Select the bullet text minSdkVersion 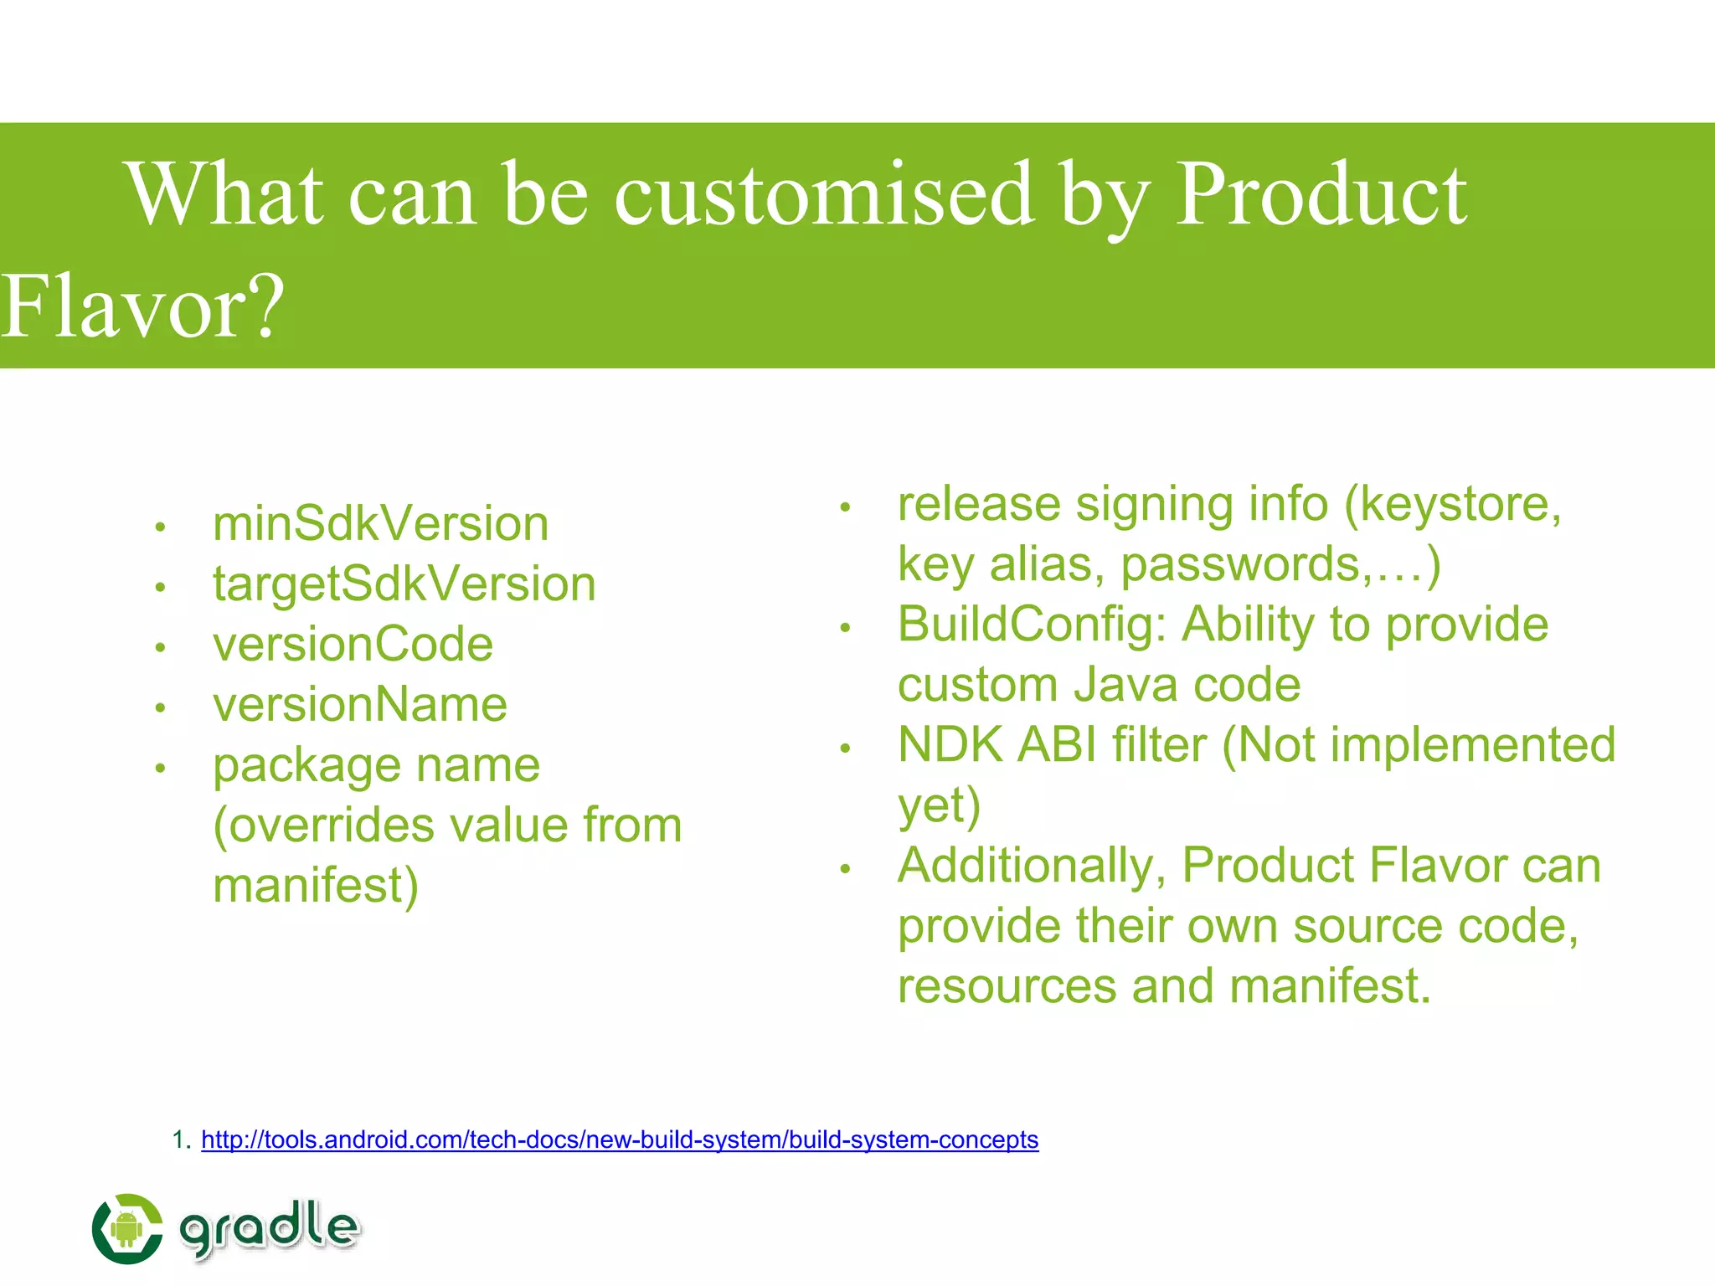[381, 524]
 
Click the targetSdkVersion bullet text [404, 584]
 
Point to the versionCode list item [353, 644]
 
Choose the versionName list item [360, 704]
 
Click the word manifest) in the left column [316, 886]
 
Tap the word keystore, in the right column [1460, 505]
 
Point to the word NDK [950, 744]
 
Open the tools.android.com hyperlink [620, 1139]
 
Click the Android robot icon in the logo [126, 1229]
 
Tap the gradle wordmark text [270, 1228]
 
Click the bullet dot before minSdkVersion [160, 527]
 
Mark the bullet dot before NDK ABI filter [845, 748]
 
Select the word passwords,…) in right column [1280, 564]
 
